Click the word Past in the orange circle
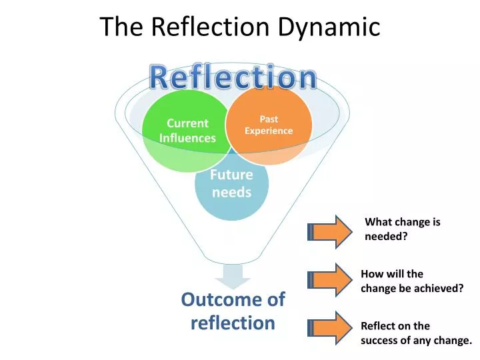tap(269, 119)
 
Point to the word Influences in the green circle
tap(187, 138)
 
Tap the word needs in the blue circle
tap(231, 193)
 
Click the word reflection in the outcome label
tap(233, 323)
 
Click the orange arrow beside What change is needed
tap(331, 231)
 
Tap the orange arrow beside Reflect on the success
tap(331, 327)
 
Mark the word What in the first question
tap(377, 223)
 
